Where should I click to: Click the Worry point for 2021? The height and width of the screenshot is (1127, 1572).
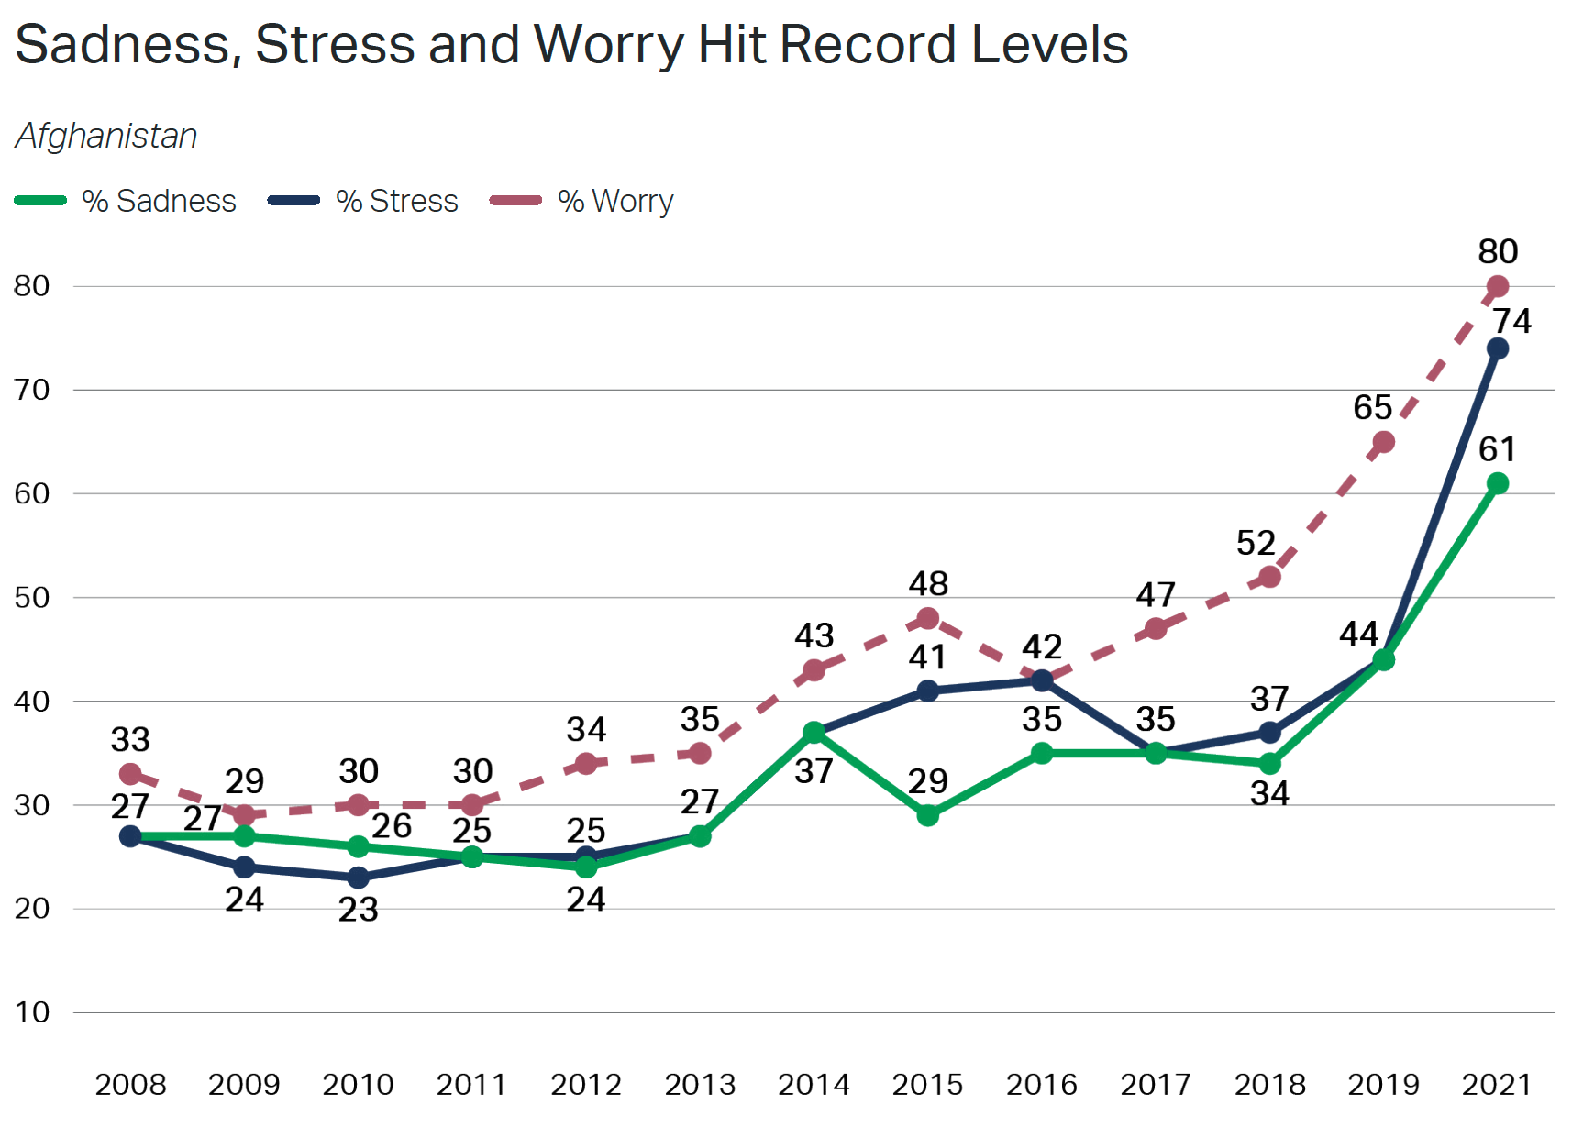[1497, 287]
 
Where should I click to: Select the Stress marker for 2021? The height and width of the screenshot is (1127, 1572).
[1497, 348]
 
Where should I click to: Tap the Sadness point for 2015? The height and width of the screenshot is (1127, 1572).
[927, 815]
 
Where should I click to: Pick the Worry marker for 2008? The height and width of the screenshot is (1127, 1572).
[130, 774]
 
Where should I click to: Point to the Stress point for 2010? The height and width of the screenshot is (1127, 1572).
[358, 878]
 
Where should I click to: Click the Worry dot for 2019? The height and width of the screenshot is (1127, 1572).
[1383, 442]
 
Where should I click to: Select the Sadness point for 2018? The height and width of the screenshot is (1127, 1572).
[1269, 763]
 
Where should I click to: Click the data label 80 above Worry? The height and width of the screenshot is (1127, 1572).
[1497, 251]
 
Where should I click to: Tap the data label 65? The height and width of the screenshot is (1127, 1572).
[1372, 407]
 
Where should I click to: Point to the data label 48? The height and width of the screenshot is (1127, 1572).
[927, 583]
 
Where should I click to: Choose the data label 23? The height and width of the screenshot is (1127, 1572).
[358, 910]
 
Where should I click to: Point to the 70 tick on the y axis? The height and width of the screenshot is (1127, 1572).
[32, 390]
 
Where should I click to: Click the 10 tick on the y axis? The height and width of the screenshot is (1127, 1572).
[32, 1012]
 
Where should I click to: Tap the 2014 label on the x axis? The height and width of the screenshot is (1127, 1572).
[814, 1085]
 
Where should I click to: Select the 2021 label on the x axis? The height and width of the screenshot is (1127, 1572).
[1497, 1085]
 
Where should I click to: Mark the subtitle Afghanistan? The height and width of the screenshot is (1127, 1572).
[106, 136]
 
